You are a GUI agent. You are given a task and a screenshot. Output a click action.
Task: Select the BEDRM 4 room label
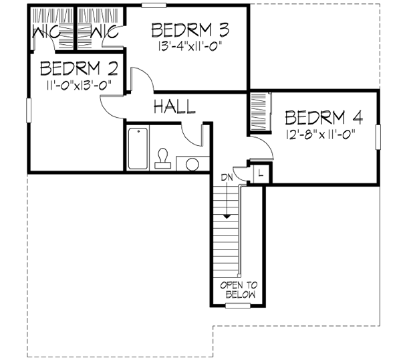(x=323, y=118)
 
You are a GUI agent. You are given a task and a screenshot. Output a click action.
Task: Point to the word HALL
(x=174, y=106)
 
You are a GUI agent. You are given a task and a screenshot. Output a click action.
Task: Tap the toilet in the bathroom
(x=162, y=159)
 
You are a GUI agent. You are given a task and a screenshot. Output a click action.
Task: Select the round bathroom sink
(x=192, y=164)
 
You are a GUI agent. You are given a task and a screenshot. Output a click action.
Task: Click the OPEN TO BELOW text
(x=238, y=289)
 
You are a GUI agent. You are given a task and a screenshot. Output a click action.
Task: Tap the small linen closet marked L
(x=259, y=173)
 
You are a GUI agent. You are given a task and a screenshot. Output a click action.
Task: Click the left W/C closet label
(x=44, y=32)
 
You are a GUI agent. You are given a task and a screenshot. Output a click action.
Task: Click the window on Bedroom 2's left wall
(x=28, y=110)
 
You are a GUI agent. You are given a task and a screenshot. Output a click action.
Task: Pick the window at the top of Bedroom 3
(x=154, y=5)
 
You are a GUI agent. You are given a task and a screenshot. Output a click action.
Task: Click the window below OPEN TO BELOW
(x=237, y=306)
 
